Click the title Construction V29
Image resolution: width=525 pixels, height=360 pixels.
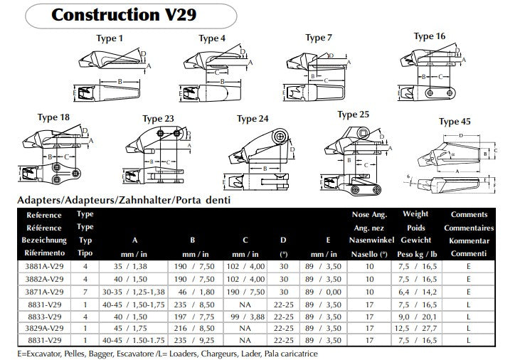click(x=125, y=14)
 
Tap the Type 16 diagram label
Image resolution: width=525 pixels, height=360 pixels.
click(x=430, y=36)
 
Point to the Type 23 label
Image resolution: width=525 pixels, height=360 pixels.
click(x=159, y=119)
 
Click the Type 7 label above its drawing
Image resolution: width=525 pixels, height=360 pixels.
click(x=319, y=38)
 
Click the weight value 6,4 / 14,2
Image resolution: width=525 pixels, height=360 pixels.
click(x=415, y=290)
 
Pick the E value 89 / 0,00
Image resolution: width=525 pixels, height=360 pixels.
click(x=329, y=290)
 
